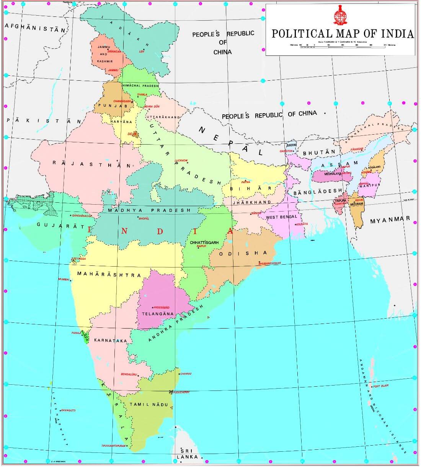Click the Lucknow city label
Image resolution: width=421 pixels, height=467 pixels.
click(x=181, y=161)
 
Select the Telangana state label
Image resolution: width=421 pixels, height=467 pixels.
click(x=158, y=314)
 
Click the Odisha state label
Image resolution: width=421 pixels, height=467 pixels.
click(x=243, y=253)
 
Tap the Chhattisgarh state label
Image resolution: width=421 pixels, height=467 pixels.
click(x=204, y=243)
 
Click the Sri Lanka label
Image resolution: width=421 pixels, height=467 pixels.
click(x=188, y=454)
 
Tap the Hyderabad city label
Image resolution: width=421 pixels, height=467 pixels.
click(x=161, y=307)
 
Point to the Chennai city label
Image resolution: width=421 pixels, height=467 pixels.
click(x=186, y=373)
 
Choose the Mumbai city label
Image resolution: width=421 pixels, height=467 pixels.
click(x=64, y=279)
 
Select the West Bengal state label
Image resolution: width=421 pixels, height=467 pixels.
click(x=281, y=217)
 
